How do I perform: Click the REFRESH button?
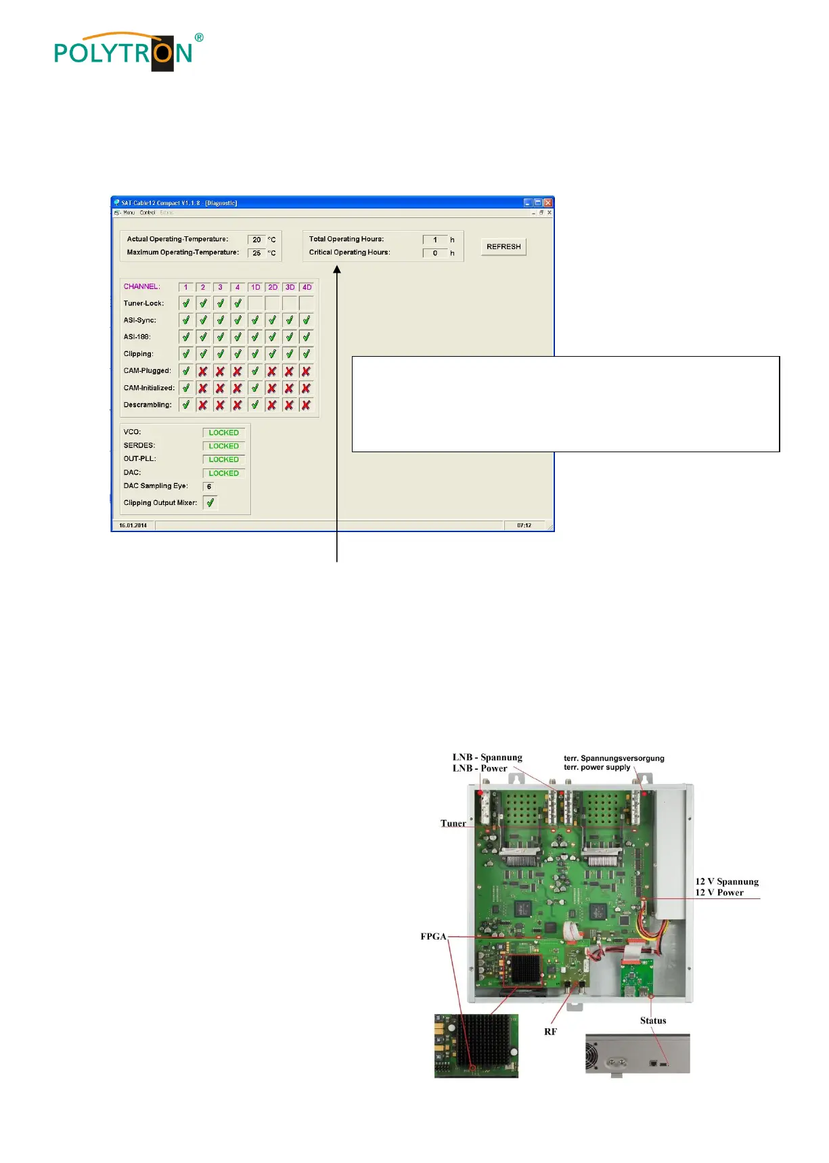[x=503, y=246]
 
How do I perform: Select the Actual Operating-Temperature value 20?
[x=256, y=240]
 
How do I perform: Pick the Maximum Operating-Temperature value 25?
[x=256, y=253]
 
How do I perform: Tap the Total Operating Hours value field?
[x=434, y=240]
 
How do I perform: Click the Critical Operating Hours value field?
[x=434, y=253]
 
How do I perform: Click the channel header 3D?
[x=290, y=287]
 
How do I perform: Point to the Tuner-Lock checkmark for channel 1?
[x=186, y=303]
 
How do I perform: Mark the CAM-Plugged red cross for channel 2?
[x=203, y=371]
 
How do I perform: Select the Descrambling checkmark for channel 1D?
[x=255, y=405]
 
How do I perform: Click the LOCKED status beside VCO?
[x=223, y=433]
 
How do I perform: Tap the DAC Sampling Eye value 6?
[x=209, y=487]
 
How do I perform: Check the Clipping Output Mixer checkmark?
[x=210, y=503]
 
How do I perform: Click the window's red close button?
[x=548, y=202]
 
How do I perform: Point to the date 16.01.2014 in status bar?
[x=133, y=525]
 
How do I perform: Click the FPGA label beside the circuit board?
[x=433, y=936]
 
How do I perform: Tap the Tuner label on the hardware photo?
[x=453, y=823]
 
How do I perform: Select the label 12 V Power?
[x=719, y=892]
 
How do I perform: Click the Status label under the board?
[x=653, y=1020]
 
